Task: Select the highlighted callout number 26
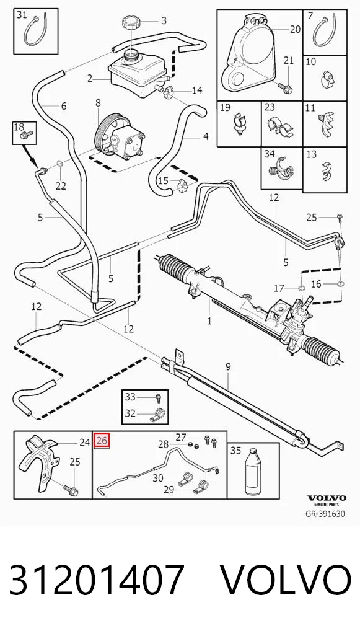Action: coord(102,440)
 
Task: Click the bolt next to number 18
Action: coord(29,133)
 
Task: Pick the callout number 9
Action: coord(228,366)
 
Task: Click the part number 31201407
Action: coord(97,580)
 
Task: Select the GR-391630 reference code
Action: coord(325,513)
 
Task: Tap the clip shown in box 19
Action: coord(239,123)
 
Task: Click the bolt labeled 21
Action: coord(286,88)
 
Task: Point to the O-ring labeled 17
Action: coord(300,288)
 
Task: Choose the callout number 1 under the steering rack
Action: coord(209,321)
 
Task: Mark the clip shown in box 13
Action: coord(324,170)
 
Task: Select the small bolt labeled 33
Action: coord(159,399)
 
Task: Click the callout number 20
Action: coord(295,29)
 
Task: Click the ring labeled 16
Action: coord(340,284)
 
